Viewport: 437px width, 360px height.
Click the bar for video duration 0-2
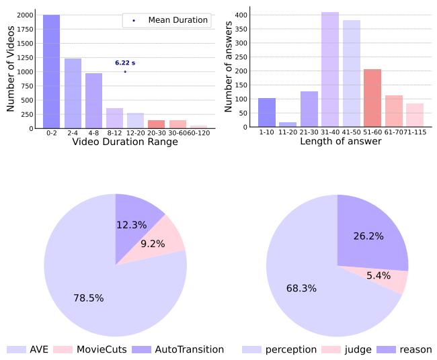[x=52, y=71]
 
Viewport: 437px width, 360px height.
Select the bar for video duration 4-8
[x=93, y=101]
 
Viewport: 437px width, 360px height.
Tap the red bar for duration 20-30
[x=156, y=124]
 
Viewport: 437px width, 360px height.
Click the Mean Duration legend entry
[x=166, y=21]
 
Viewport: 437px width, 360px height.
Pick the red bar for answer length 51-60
[x=372, y=99]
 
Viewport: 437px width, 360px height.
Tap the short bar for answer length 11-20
[x=288, y=125]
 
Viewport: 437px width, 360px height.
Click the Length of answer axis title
[x=340, y=142]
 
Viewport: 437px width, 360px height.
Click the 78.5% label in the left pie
[x=89, y=298]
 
